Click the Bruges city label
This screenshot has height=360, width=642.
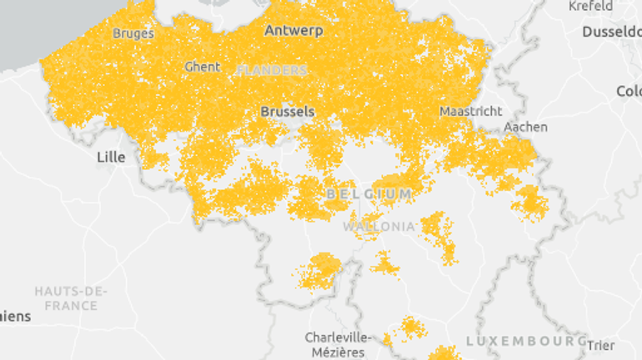[x=133, y=33]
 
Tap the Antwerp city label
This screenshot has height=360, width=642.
[x=293, y=30]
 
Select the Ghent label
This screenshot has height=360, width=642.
[x=203, y=67]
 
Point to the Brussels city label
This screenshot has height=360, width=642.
[x=288, y=111]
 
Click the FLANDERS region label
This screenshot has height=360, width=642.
[x=272, y=71]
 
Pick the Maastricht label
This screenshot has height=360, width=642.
[x=471, y=111]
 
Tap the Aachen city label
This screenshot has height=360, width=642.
[x=526, y=127]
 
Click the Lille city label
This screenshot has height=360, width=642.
[x=110, y=157]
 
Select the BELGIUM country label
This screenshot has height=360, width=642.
[x=369, y=194]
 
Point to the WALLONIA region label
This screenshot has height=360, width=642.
[x=379, y=226]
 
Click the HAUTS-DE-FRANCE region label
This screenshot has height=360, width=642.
[x=71, y=298]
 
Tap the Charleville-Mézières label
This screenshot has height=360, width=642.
[x=334, y=345]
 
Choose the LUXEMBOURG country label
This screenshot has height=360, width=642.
[x=525, y=342]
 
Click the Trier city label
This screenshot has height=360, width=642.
[x=600, y=345]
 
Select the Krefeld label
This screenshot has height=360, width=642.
[x=590, y=6]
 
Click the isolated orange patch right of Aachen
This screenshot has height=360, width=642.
[x=530, y=202]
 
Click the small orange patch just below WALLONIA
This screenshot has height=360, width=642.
[x=384, y=265]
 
